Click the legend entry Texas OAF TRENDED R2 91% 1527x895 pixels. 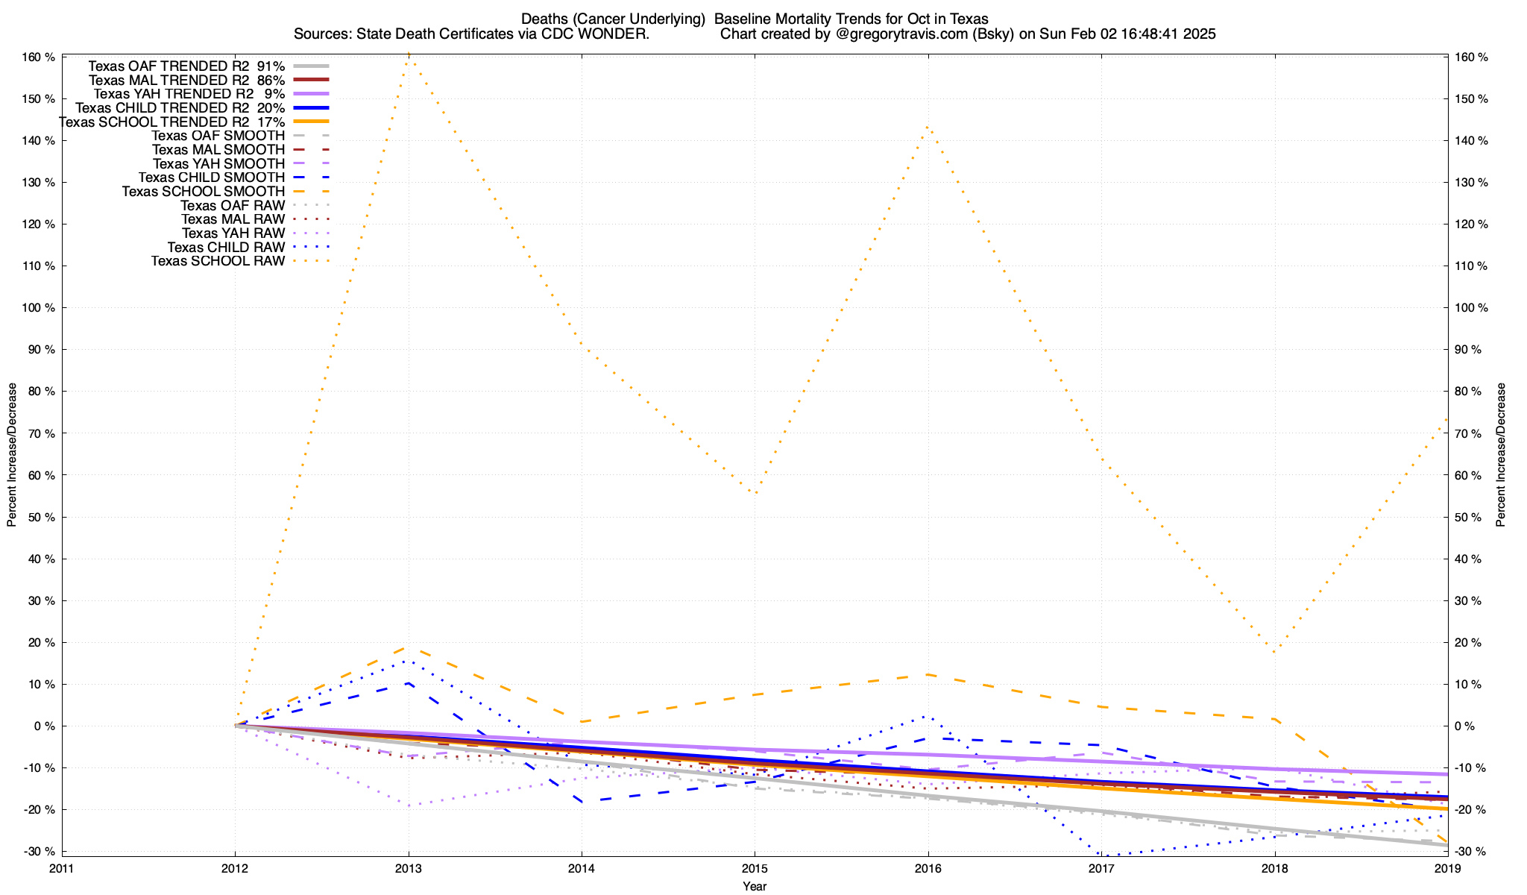tap(186, 66)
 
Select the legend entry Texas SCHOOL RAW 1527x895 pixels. tap(218, 261)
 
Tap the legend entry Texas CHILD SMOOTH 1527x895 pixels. tap(211, 178)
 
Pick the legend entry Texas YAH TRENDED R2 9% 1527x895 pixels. tap(189, 94)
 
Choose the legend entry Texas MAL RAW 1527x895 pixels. tap(233, 219)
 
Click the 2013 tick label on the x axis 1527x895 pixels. tap(409, 868)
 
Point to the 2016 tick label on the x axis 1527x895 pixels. tap(928, 868)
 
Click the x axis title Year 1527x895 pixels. tap(755, 886)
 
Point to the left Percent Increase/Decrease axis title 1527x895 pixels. tap(12, 455)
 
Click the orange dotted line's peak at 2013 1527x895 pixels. tap(409, 54)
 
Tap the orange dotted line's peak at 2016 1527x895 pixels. tap(926, 127)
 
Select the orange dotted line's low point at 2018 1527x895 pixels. tap(1275, 651)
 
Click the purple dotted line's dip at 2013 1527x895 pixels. tap(409, 805)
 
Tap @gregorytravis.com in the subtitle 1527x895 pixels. tap(898, 34)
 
